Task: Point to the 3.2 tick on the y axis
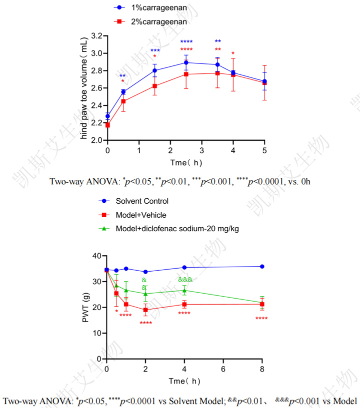pyautogui.click(x=95, y=36)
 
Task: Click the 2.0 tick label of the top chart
pyautogui.click(x=95, y=140)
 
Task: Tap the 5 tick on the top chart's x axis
pyautogui.click(x=264, y=150)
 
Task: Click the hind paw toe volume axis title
pyautogui.click(x=85, y=88)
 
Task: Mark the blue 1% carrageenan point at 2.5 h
pyautogui.click(x=186, y=62)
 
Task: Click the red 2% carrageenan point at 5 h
pyautogui.click(x=264, y=82)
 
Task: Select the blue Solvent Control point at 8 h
pyautogui.click(x=262, y=267)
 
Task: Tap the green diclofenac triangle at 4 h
pyautogui.click(x=184, y=290)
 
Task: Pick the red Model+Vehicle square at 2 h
pyautogui.click(x=145, y=310)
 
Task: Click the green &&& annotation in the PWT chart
pyautogui.click(x=185, y=280)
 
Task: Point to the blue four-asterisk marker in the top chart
pyautogui.click(x=186, y=42)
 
